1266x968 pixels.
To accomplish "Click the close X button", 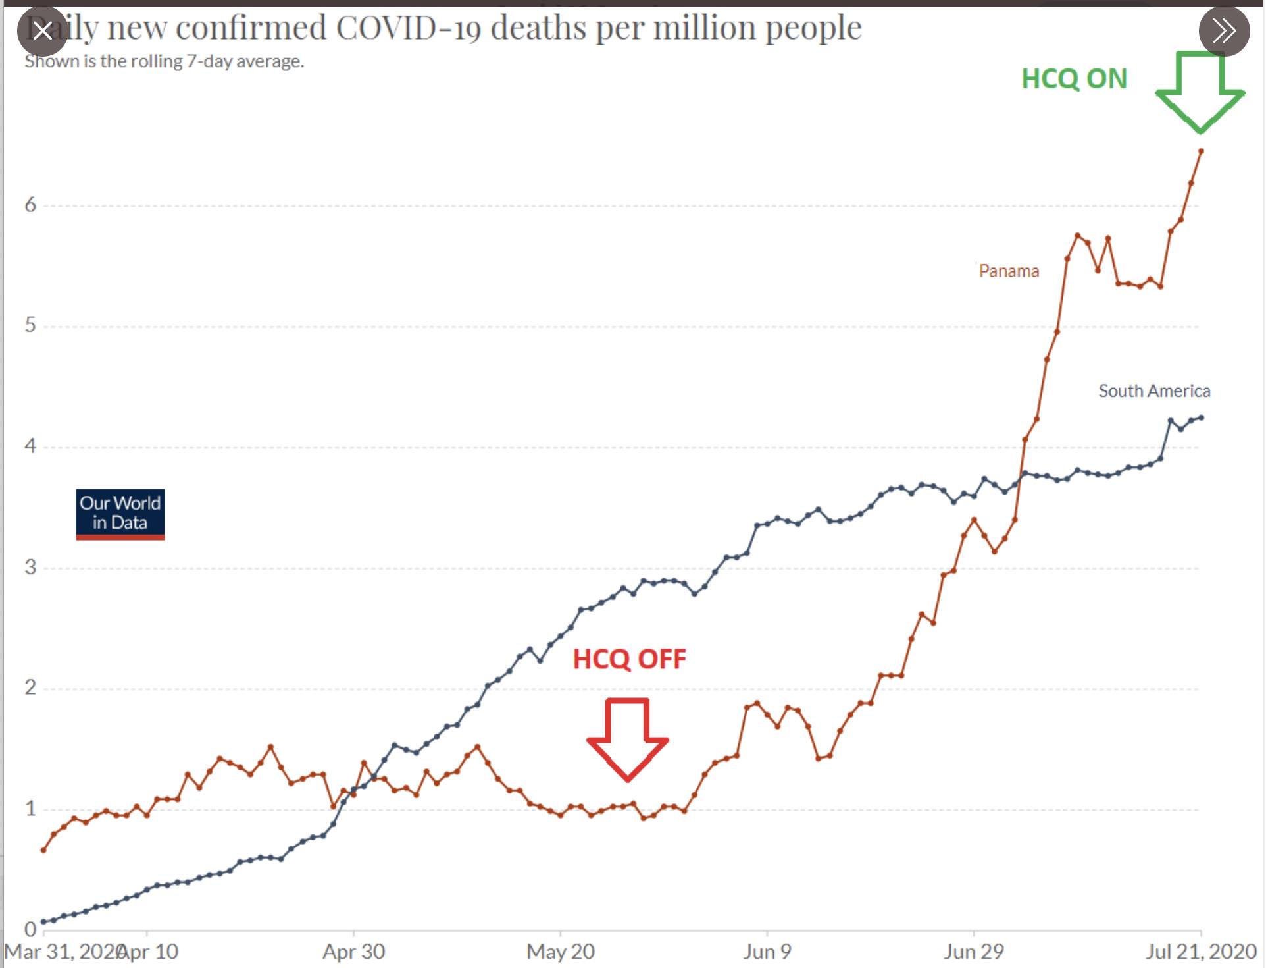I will [x=43, y=30].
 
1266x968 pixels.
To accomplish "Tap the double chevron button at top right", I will [x=1224, y=30].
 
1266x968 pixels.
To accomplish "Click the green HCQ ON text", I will [x=1074, y=79].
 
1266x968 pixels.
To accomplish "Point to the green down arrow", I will [x=1200, y=92].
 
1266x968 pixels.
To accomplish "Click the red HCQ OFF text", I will [x=629, y=659].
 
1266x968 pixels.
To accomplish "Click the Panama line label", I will [x=1009, y=271].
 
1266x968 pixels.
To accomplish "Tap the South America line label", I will [x=1154, y=391].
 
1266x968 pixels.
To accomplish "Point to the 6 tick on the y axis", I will [x=30, y=205].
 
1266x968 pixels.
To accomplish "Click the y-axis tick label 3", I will [x=30, y=567].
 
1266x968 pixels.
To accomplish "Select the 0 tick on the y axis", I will [x=30, y=929].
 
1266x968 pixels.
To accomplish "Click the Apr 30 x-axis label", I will [x=353, y=952].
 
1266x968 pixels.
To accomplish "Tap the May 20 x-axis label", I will [x=560, y=952].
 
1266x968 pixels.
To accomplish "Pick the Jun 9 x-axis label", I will [x=767, y=952].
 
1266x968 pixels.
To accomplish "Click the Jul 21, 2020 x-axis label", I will [x=1201, y=952].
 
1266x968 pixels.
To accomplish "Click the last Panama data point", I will [x=1201, y=151].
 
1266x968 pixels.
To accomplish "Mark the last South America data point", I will [x=1202, y=417].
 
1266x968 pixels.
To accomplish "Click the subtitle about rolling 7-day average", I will [x=165, y=61].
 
